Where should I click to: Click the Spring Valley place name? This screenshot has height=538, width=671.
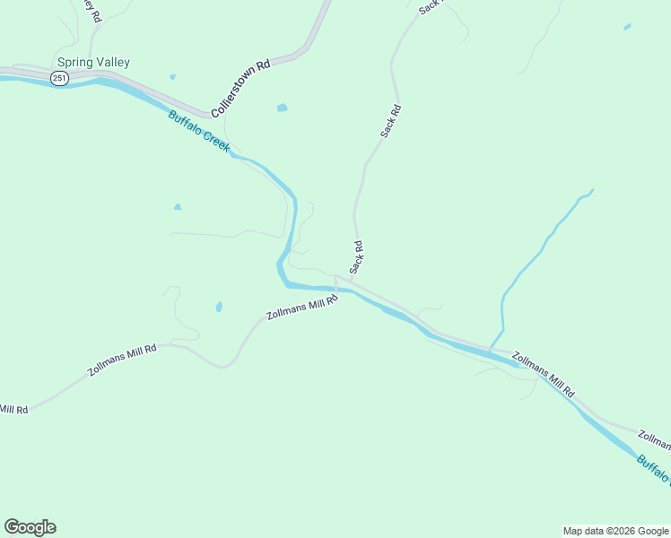[x=93, y=63]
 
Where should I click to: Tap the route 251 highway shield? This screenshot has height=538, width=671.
[x=59, y=79]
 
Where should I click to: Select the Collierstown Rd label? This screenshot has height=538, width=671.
[x=240, y=89]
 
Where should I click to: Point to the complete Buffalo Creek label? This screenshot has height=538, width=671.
[x=199, y=130]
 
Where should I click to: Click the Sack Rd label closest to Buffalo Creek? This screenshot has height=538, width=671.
[x=356, y=257]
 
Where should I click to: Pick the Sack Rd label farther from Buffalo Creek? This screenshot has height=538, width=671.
[x=390, y=121]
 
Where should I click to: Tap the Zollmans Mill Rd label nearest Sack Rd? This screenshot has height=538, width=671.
[x=301, y=310]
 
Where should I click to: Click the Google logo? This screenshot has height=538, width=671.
[x=30, y=527]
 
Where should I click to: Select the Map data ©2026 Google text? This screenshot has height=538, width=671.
[x=615, y=531]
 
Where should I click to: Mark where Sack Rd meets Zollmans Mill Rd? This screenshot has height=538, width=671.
[x=351, y=282]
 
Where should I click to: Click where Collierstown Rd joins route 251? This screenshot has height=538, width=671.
[x=212, y=117]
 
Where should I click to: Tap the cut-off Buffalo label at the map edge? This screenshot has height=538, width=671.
[x=653, y=470]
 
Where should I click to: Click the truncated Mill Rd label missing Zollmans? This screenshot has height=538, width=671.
[x=13, y=409]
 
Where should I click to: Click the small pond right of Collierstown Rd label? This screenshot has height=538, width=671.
[x=283, y=108]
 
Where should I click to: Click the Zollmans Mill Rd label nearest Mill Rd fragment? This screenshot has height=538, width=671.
[x=122, y=358]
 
